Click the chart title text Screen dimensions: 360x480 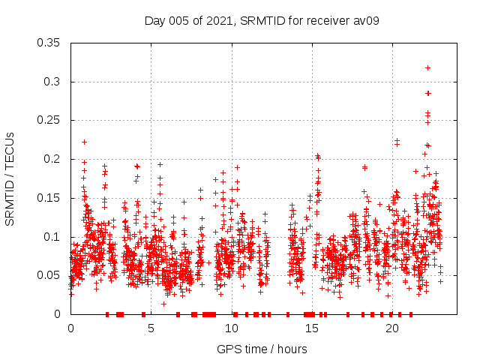261,20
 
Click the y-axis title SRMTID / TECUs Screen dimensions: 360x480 10,178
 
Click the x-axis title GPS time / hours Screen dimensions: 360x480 261,349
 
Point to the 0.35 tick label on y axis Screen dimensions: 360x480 49,43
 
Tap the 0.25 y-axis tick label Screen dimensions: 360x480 49,120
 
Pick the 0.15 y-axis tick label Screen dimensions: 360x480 49,198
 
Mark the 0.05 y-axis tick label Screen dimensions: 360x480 49,275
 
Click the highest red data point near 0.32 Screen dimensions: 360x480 428,67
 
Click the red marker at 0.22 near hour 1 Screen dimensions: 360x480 84,142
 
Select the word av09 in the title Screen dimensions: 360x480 366,20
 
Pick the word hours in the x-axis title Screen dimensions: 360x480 291,349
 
